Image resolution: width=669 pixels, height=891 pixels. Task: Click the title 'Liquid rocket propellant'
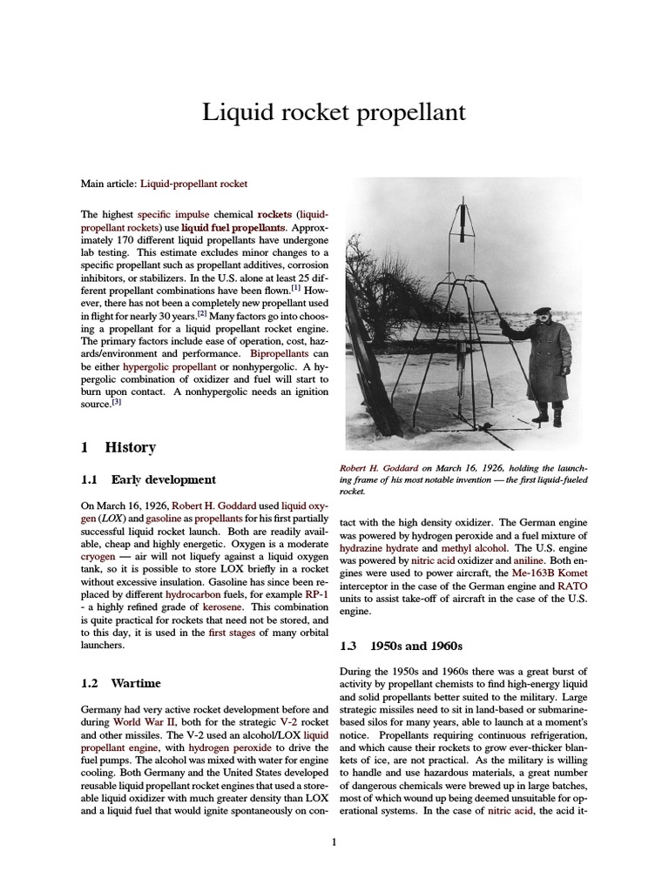pyautogui.click(x=334, y=112)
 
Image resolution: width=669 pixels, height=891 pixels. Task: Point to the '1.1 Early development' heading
pyautogui.click(x=148, y=479)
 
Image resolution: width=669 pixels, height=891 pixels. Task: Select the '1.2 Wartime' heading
pyautogui.click(x=120, y=683)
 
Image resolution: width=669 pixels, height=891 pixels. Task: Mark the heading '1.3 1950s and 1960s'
pyautogui.click(x=401, y=646)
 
